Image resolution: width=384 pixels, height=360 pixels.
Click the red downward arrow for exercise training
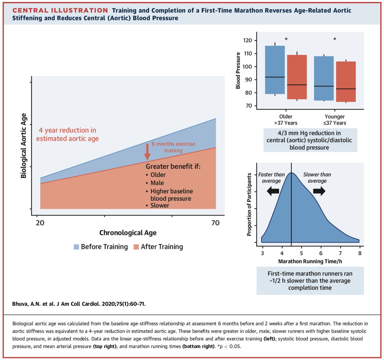[147, 151]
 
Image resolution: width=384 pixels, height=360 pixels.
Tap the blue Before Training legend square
[76, 247]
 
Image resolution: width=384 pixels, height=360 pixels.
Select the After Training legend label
[162, 247]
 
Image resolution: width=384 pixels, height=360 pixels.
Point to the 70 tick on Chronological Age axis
[215, 223]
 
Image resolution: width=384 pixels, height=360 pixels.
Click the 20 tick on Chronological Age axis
[40, 223]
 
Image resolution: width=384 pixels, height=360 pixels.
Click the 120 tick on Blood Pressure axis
[248, 40]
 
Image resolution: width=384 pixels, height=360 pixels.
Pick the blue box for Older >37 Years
[275, 70]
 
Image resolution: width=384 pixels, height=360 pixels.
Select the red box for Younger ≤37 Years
[346, 82]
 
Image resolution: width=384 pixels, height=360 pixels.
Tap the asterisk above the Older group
[286, 39]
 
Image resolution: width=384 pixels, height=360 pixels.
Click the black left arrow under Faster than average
[273, 192]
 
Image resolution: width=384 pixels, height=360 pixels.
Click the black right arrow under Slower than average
[319, 192]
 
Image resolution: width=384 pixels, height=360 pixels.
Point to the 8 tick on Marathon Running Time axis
[360, 253]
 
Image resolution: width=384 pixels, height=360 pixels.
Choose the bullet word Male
[157, 183]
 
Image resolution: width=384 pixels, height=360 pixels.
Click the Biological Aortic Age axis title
[23, 146]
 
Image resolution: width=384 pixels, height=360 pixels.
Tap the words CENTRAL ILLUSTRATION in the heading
[60, 11]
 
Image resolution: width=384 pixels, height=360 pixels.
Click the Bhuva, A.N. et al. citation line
[79, 304]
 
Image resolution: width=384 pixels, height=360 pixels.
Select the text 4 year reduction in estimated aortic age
[67, 135]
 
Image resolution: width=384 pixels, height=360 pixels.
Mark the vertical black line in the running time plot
[291, 205]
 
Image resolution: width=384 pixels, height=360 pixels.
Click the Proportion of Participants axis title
[249, 205]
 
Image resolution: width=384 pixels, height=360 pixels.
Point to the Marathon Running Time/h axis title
[310, 261]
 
